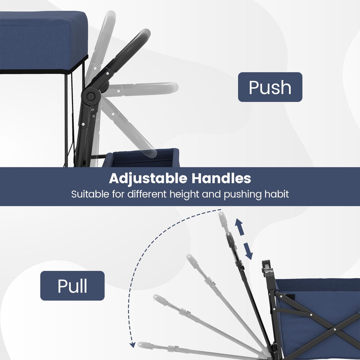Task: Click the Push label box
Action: click(x=270, y=87)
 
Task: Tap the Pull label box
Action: click(x=72, y=286)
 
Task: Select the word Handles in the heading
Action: click(x=221, y=178)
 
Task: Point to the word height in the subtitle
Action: click(x=184, y=194)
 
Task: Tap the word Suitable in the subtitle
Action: click(x=90, y=194)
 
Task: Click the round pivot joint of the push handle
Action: click(x=91, y=96)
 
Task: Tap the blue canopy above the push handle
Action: click(x=44, y=41)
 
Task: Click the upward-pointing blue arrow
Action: click(x=239, y=227)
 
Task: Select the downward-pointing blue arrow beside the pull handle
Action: click(x=248, y=251)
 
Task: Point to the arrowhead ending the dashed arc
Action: click(x=132, y=345)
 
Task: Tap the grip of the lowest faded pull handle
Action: click(x=145, y=345)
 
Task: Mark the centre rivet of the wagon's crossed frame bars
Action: click(x=335, y=329)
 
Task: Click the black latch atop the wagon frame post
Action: click(x=267, y=266)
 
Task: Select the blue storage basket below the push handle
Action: click(x=141, y=158)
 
